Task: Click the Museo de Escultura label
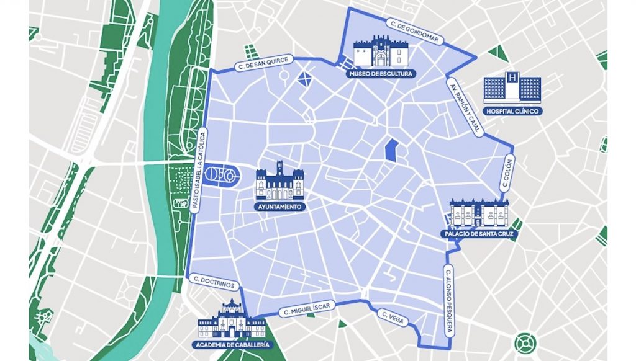380,74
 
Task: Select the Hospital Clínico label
512,112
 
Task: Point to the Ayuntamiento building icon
279,181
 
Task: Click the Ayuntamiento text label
279,206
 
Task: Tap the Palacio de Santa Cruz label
478,234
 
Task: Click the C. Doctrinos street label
214,281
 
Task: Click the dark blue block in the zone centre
391,150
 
